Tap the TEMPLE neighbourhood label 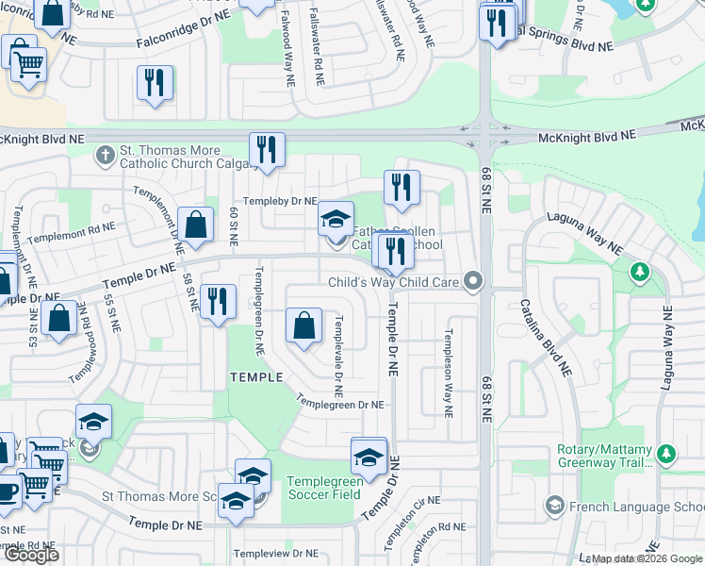coord(256,377)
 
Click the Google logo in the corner coord(31,555)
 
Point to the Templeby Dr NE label coord(280,201)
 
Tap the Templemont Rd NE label coord(71,233)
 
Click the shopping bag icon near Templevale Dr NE coord(303,328)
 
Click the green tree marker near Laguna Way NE coord(640,274)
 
